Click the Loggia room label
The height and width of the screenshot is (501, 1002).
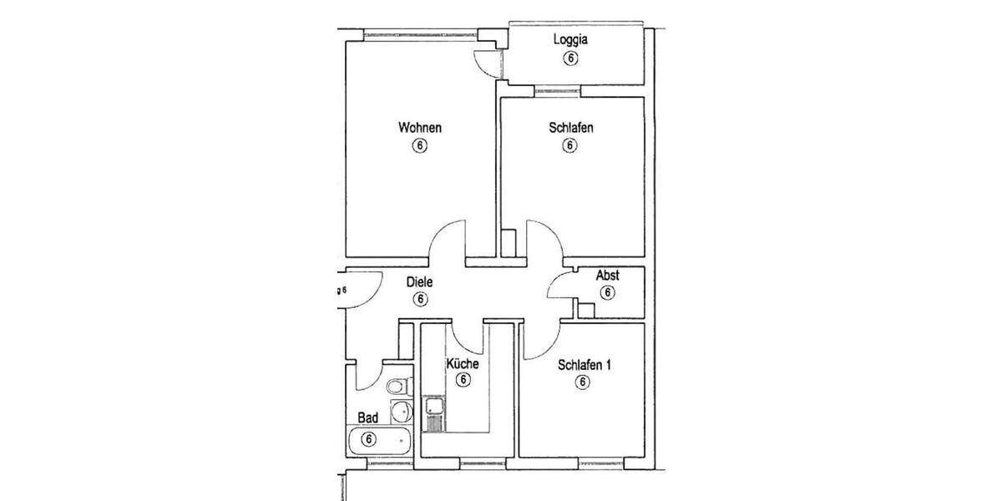coord(571,39)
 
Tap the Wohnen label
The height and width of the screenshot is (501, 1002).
coord(419,128)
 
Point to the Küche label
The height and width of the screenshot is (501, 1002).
coord(462,364)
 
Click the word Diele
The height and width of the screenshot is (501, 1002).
coord(419,282)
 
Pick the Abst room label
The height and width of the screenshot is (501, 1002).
coord(607,276)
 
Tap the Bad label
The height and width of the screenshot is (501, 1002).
coord(368,417)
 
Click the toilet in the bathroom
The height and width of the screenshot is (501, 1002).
coord(398,386)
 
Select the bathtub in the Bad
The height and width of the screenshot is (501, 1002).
coord(380,439)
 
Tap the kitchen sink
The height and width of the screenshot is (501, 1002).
coord(435,407)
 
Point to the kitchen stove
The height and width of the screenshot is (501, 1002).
coord(434,423)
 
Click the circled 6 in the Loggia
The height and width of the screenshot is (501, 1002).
coord(571,58)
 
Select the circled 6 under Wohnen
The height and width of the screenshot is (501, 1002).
coord(419,146)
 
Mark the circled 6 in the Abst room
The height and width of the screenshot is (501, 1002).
coord(607,293)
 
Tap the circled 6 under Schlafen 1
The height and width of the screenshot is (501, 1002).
coord(582,382)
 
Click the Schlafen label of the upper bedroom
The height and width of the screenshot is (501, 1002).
coord(571,128)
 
